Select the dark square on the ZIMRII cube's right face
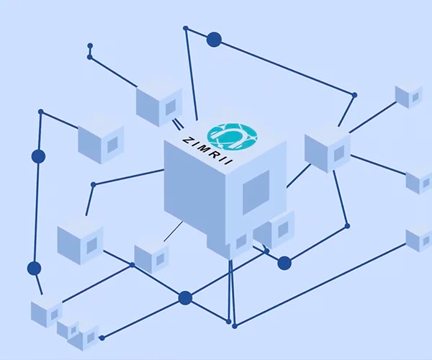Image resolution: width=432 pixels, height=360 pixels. pos(256,192)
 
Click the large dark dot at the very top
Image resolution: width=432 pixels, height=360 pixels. pos(214,40)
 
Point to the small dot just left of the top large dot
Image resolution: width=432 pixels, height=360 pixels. pos(186,28)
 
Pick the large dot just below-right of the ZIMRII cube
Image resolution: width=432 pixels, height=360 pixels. pos(284,263)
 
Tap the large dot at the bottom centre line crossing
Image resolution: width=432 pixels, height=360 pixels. pos(185,298)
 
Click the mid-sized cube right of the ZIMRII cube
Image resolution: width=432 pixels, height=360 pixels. pos(327,149)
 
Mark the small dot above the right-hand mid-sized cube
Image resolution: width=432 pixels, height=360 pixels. pos(354,95)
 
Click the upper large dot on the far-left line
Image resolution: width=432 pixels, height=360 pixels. pos(38,156)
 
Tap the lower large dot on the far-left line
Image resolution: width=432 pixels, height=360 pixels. pos(34,269)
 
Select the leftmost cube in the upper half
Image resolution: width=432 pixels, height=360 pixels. pos(101,140)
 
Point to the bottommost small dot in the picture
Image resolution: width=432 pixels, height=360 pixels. pos(102,338)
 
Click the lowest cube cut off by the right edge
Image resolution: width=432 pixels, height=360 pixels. pos(419,238)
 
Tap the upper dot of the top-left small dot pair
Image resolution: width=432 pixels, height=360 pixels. pos(90,45)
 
